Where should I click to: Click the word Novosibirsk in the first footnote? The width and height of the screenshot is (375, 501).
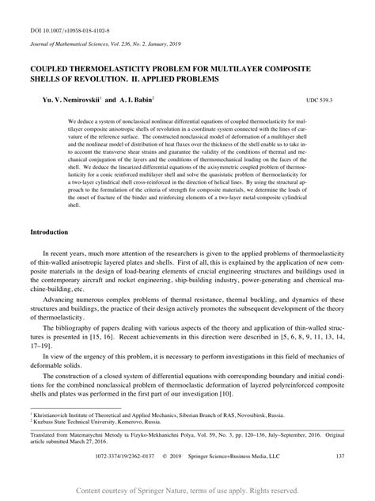(x=267, y=414)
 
